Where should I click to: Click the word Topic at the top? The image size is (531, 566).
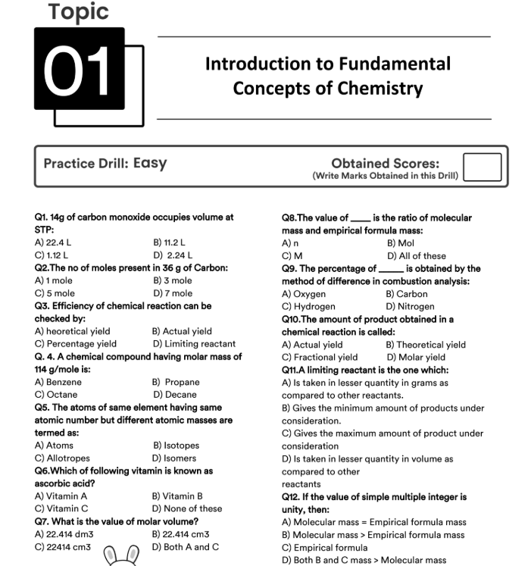(x=78, y=11)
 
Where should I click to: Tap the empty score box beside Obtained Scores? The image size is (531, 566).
(x=482, y=167)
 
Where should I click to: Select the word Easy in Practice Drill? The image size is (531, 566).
(x=150, y=163)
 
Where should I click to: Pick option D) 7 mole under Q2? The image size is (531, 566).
(x=173, y=292)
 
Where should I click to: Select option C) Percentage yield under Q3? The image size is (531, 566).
(x=76, y=343)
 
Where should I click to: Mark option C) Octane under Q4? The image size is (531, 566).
(x=56, y=394)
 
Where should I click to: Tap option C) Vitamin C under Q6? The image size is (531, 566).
(x=61, y=508)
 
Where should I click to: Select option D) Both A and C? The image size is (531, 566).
(x=186, y=547)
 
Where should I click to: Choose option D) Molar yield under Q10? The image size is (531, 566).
(x=416, y=357)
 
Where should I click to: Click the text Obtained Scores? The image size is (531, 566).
(x=385, y=163)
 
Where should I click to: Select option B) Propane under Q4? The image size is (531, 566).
(x=176, y=382)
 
